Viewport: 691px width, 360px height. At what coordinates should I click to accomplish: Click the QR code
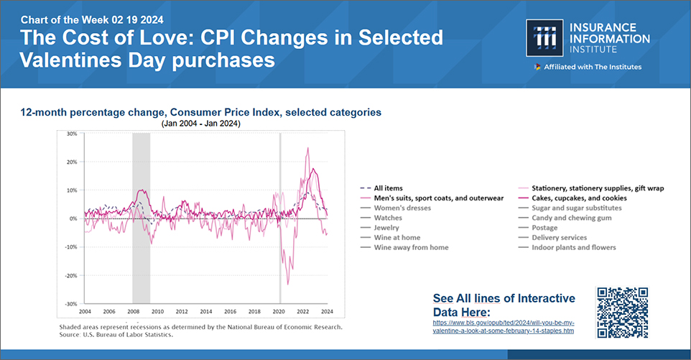(623, 312)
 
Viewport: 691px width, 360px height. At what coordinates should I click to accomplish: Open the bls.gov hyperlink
(503, 327)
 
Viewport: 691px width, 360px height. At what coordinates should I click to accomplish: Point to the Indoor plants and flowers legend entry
(573, 247)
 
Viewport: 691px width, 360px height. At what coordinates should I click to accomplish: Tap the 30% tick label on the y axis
(72, 134)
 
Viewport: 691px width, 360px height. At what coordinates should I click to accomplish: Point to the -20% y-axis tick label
(70, 275)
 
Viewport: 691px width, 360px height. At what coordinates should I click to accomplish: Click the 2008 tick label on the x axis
(133, 311)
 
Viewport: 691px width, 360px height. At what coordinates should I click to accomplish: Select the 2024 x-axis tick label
(327, 311)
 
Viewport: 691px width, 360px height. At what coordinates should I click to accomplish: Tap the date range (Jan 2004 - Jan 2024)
(200, 124)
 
